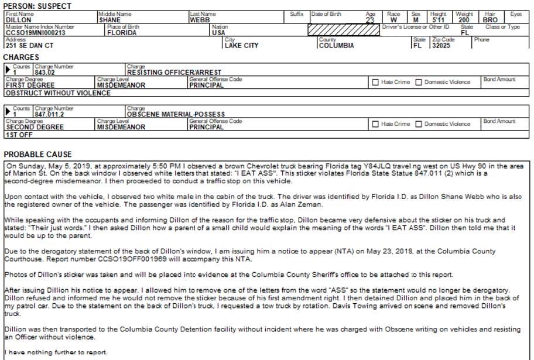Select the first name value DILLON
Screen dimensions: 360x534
pos(18,20)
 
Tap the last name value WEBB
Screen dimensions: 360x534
pos(199,20)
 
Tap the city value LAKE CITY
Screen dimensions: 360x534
pos(241,46)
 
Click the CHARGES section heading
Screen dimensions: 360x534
pos(21,57)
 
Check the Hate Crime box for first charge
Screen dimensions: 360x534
pos(375,83)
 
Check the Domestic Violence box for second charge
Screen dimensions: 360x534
pos(419,124)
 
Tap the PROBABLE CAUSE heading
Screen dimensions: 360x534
pos(37,155)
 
